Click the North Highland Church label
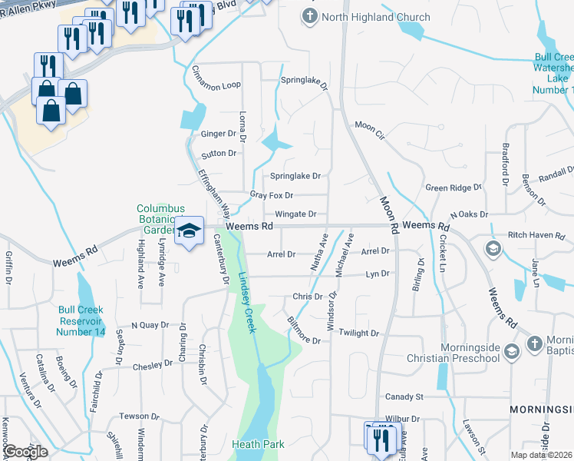[365, 16]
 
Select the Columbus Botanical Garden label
[161, 219]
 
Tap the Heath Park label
[259, 444]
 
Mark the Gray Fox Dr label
[272, 195]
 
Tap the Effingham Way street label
[215, 191]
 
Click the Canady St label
[404, 397]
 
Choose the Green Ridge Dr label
[454, 187]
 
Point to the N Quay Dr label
[150, 325]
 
